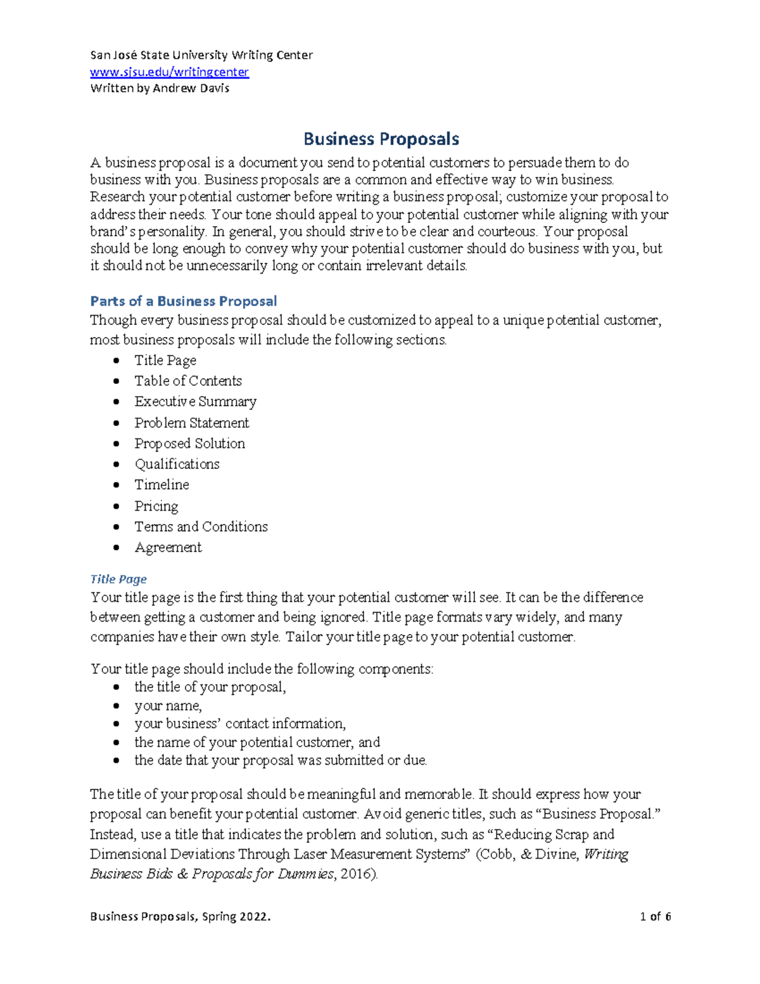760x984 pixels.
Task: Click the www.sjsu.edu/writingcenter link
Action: point(169,72)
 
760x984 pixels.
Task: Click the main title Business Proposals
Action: point(381,139)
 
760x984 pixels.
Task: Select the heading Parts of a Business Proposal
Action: point(183,301)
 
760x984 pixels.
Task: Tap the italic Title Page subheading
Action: point(118,579)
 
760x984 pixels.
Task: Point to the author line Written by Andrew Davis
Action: point(160,89)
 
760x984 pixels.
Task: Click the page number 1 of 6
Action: point(655,916)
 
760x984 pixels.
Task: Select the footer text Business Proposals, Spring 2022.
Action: point(180,916)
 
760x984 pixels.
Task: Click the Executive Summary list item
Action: point(195,402)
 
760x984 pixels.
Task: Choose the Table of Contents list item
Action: point(187,381)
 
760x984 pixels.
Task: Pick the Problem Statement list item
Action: point(191,423)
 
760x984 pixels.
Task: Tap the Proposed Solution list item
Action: point(189,444)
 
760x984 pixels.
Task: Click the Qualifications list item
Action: point(177,464)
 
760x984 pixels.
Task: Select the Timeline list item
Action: point(161,485)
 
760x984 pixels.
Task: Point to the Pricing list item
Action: point(156,506)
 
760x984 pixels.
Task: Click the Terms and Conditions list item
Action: point(201,527)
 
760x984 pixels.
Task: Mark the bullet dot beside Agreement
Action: point(116,547)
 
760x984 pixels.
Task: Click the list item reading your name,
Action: point(168,706)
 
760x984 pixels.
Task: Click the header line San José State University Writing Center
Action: point(201,55)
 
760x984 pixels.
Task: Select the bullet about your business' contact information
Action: point(239,724)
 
